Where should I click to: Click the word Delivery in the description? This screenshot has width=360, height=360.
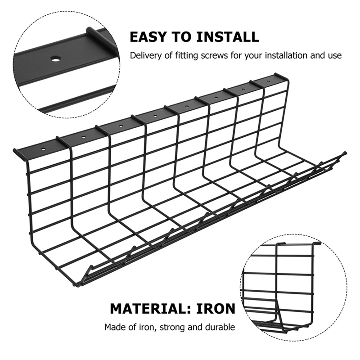[144, 56]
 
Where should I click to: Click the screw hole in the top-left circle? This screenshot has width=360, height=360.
[55, 58]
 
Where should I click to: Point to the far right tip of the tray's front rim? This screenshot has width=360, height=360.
[345, 153]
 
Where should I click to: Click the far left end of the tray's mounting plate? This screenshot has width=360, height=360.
[15, 152]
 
